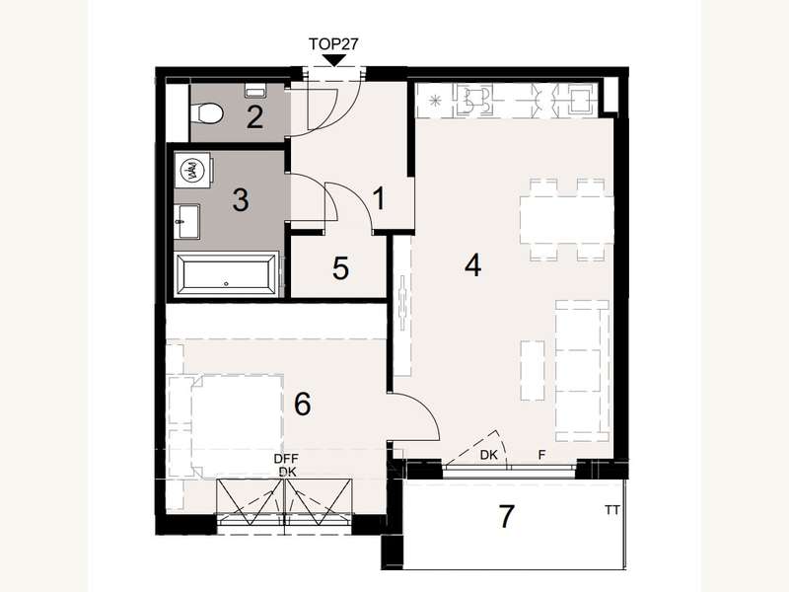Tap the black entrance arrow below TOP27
coord(335,62)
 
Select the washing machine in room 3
coord(194,172)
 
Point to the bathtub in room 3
coord(227,274)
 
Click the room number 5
coord(340,269)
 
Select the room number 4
coord(473,265)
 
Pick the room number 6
coord(302,404)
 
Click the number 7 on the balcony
coord(507,517)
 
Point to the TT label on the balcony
coord(612,510)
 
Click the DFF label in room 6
coord(287,459)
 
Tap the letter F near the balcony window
coord(541,456)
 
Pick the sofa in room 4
coord(582,372)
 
